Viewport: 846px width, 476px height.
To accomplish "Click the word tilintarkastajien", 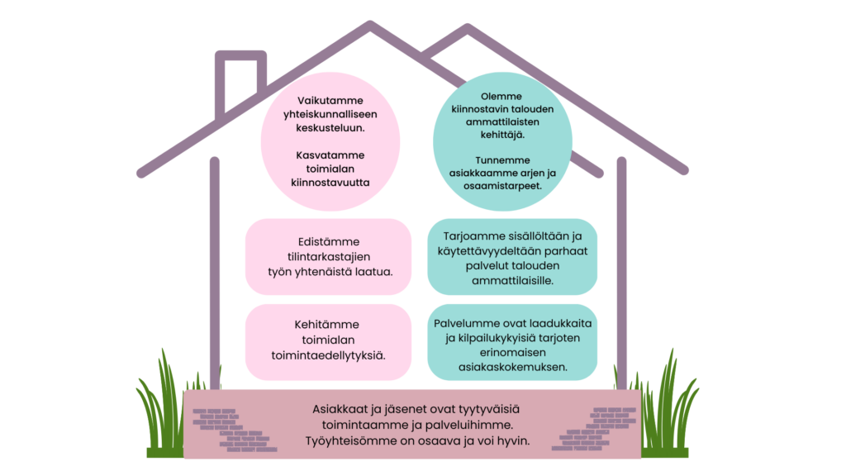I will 329,256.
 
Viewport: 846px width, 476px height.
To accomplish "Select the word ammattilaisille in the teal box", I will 512,281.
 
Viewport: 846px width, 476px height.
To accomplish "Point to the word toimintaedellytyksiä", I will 329,355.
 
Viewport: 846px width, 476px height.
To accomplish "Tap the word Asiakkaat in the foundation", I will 340,409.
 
